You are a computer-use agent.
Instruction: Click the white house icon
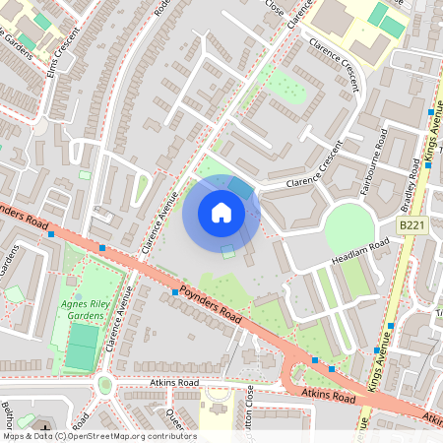pos(221,213)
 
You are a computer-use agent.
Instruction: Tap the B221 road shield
pos(411,226)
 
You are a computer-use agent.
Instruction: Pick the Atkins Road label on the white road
pos(174,382)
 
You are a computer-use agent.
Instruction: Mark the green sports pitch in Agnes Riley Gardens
pos(83,348)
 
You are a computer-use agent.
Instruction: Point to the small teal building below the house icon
pos(228,251)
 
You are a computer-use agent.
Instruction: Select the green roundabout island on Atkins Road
pos(105,385)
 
